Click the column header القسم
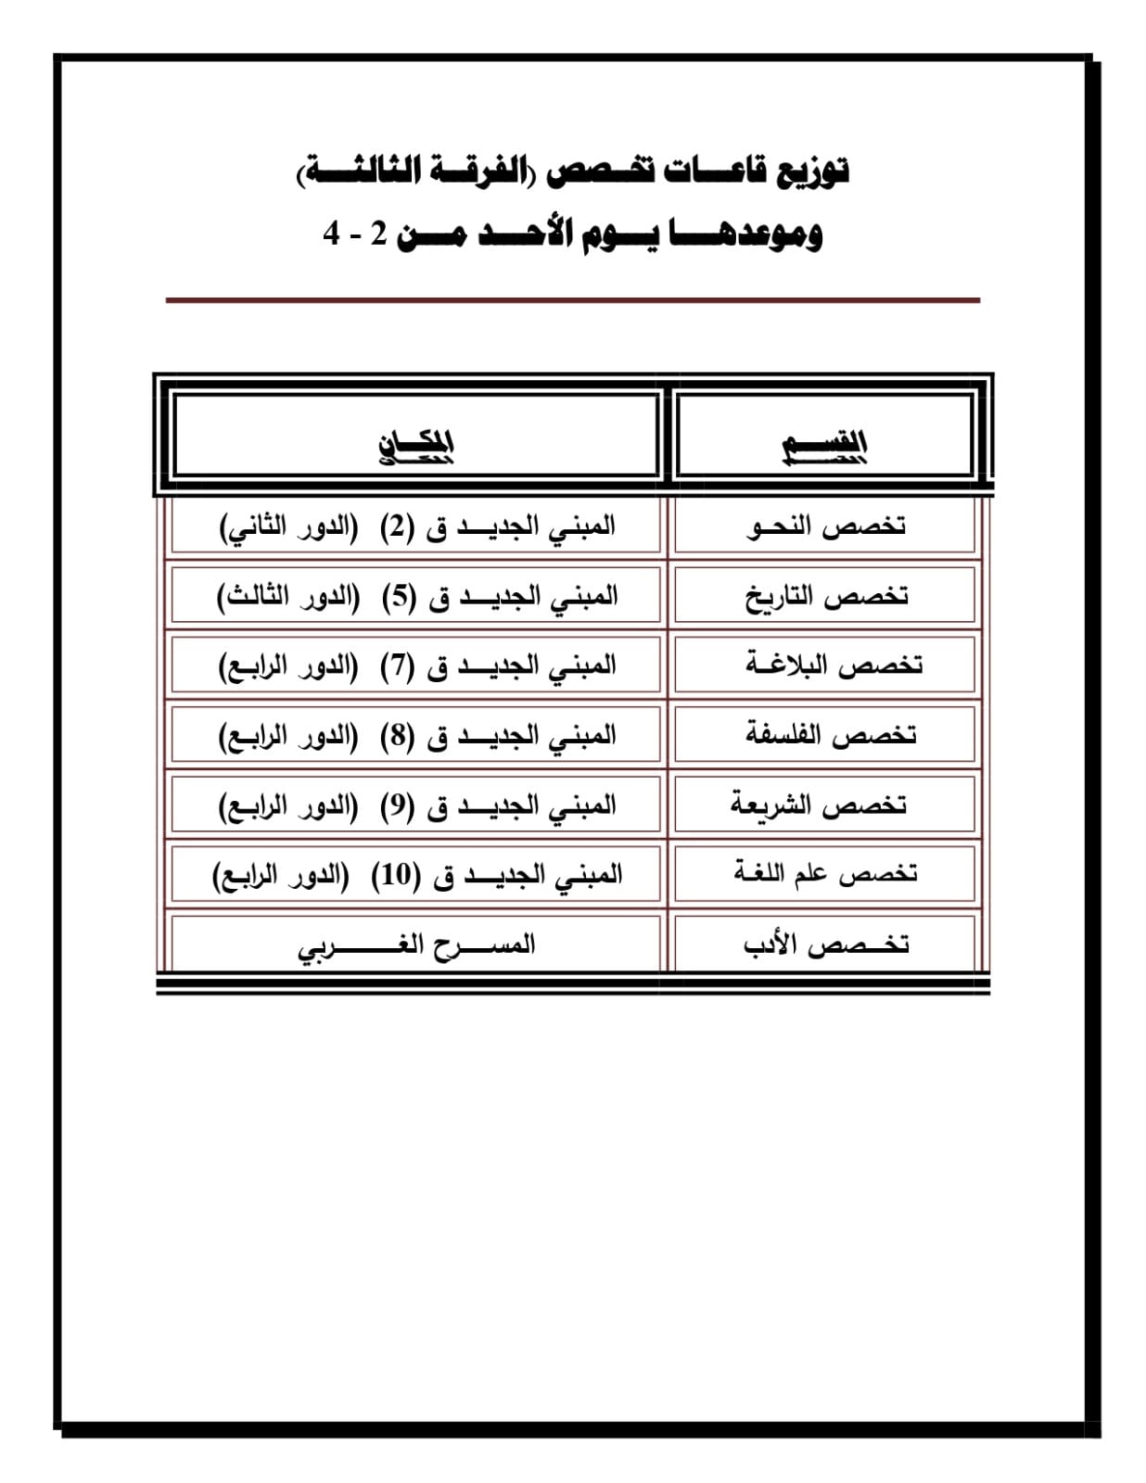click(825, 444)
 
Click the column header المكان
click(415, 444)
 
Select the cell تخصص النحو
click(825, 526)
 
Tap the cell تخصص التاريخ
click(825, 596)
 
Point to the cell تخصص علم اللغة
click(825, 874)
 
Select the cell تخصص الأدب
click(825, 944)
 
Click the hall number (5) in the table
click(400, 596)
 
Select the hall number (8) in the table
click(398, 735)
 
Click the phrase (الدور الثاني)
click(288, 526)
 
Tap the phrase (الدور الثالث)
click(288, 596)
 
